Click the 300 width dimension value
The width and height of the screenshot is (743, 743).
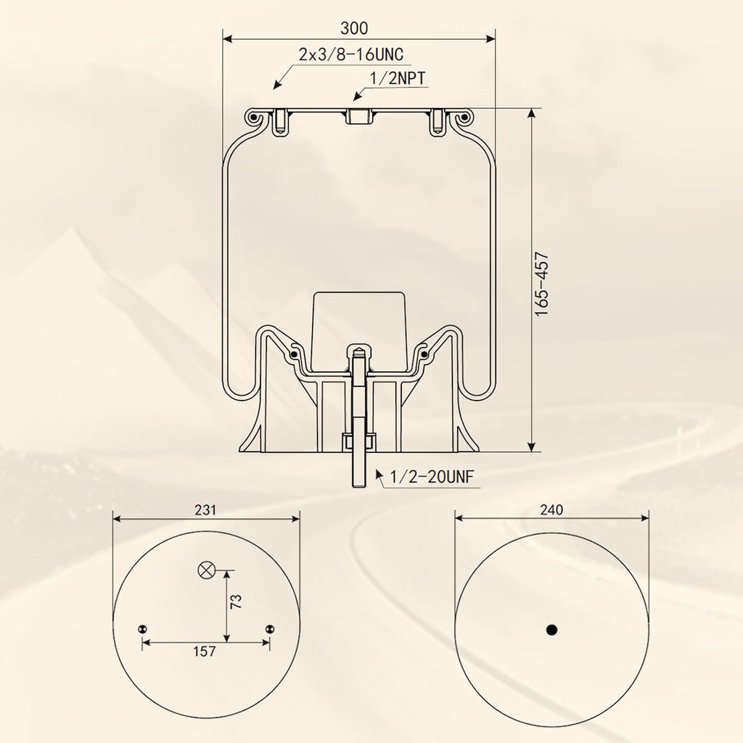354,28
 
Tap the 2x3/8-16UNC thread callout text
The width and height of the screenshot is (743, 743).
351,54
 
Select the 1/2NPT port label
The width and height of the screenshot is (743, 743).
398,78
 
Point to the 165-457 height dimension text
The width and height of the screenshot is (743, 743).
541,284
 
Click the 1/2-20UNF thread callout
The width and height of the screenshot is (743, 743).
432,476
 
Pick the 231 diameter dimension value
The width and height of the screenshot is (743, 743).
205,510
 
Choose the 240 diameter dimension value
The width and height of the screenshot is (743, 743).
551,510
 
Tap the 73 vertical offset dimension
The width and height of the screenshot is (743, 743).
236,602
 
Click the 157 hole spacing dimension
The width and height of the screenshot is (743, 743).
205,652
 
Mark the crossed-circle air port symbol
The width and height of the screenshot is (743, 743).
206,570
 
